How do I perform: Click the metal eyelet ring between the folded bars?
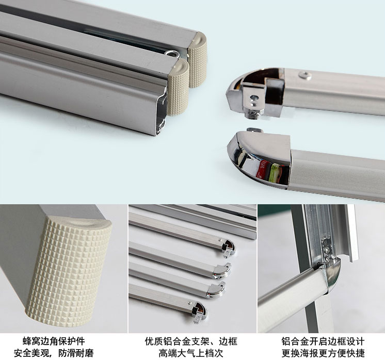coord(172,54)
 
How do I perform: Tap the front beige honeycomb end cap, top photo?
coord(178,87)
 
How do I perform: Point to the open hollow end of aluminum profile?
coord(162,111)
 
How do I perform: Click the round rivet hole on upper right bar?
coord(305,75)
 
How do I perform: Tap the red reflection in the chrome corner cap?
coord(262,169)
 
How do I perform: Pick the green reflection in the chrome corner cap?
coord(274,173)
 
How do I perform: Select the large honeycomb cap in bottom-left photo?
coord(69,271)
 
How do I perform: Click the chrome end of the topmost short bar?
coord(229,248)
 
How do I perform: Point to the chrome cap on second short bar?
coord(222,271)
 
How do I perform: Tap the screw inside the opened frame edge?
coord(327,250)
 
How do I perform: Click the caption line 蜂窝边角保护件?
coord(54,341)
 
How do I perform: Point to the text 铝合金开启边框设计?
coord(323,341)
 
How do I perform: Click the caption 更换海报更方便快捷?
coord(323,353)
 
